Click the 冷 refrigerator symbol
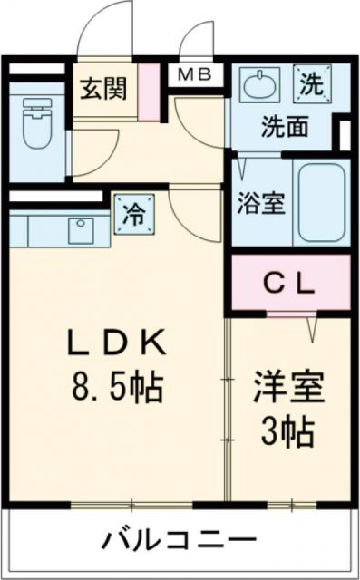[x=132, y=215]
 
